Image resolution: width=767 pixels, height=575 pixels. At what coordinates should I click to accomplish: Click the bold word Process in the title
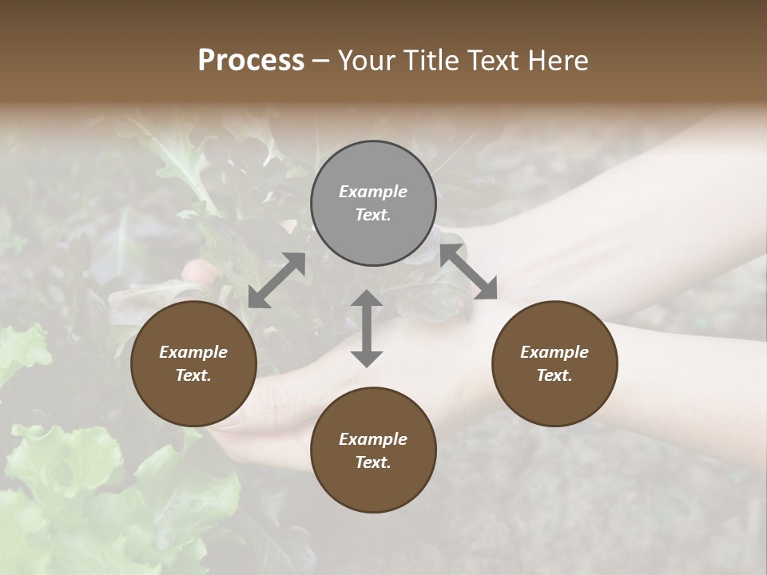coord(251,61)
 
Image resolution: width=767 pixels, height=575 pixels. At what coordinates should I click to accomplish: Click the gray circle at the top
coord(373,204)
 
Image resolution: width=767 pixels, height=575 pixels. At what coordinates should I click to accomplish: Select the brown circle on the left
coord(193,363)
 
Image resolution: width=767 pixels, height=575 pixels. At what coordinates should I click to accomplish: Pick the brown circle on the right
coord(554,363)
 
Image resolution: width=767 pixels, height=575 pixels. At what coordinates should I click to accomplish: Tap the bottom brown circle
coord(373,450)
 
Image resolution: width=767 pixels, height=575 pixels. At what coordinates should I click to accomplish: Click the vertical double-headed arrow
coord(367,328)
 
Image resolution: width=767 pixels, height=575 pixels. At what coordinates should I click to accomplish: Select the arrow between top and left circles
coord(276,280)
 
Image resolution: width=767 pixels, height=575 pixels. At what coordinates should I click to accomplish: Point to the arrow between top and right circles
coord(469,272)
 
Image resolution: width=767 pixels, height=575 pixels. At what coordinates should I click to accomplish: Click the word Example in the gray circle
coord(373,192)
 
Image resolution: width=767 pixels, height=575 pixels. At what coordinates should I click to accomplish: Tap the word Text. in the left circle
coord(193,375)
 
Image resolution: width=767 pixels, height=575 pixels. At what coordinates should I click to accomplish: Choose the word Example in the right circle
coord(554,352)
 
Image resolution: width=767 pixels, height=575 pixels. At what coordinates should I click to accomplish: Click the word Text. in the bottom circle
coord(373,462)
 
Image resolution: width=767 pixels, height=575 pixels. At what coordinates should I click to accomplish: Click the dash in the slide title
coord(320,61)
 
